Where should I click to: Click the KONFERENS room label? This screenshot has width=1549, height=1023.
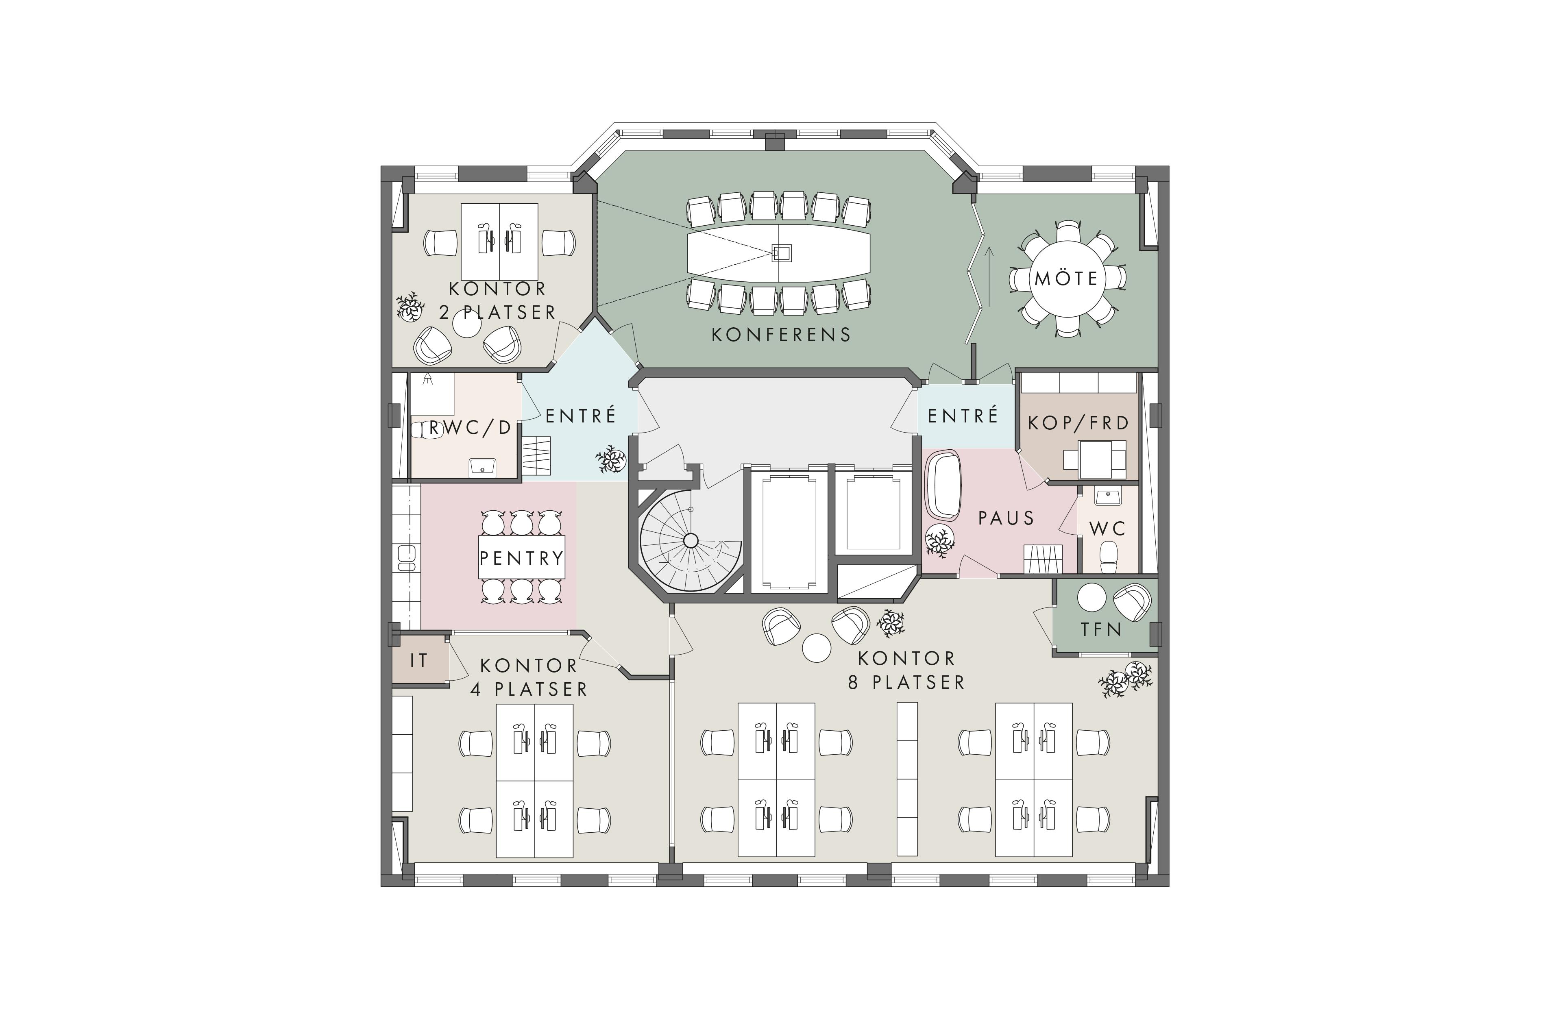tap(781, 335)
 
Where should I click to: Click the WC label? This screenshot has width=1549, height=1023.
tap(1107, 529)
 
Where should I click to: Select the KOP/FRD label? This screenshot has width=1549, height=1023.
tap(1078, 423)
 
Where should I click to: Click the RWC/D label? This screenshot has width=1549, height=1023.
tap(470, 428)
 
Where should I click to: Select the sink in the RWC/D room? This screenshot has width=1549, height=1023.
tap(482, 467)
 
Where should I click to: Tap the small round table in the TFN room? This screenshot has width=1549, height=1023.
tap(1091, 597)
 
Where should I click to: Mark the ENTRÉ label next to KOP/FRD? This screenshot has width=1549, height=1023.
tap(963, 416)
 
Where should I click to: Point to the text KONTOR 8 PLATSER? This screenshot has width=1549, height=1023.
tap(906, 670)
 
